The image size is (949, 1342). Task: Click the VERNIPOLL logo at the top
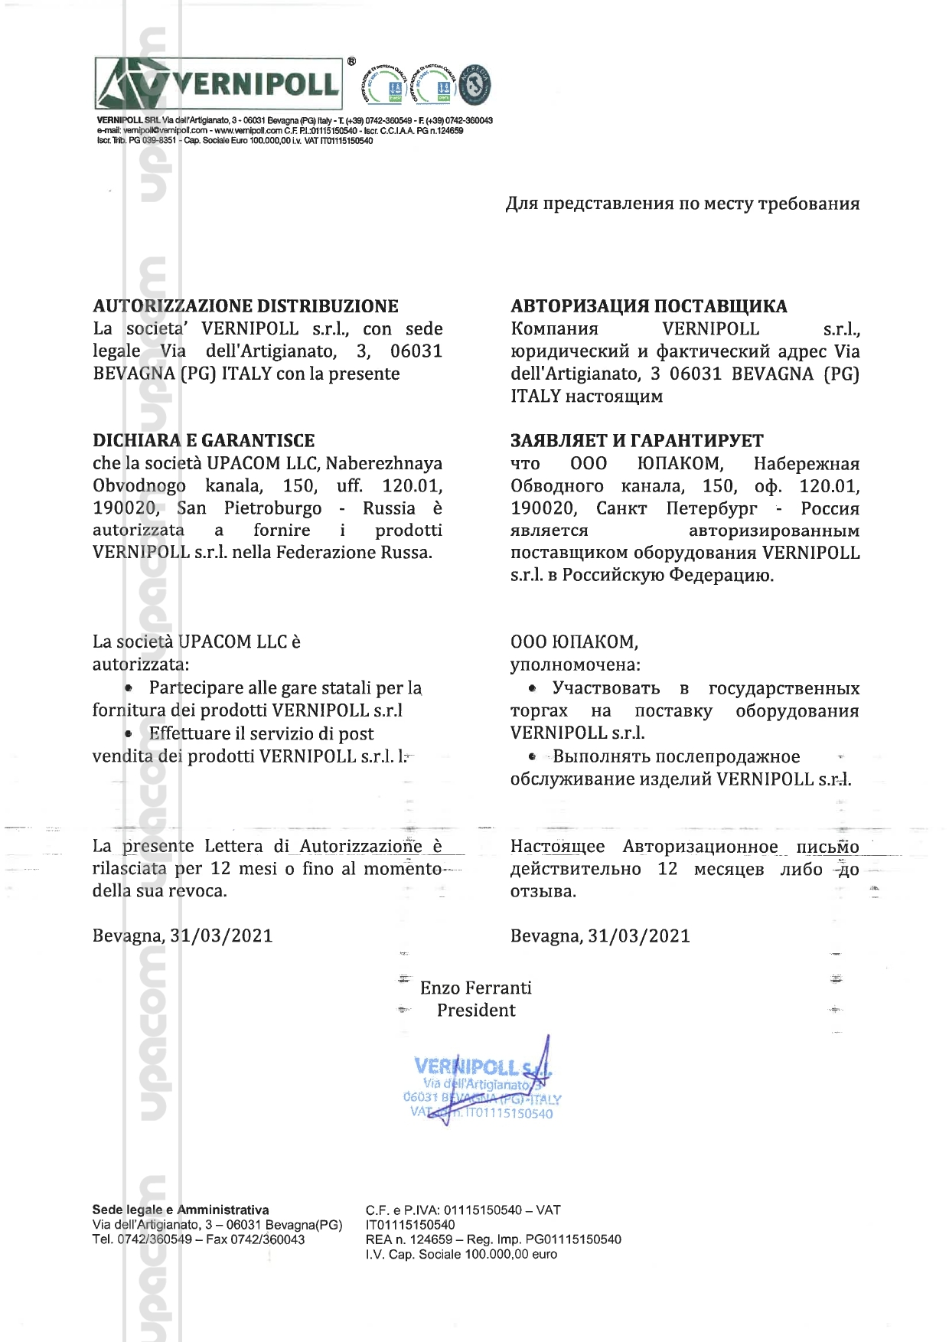coord(219,83)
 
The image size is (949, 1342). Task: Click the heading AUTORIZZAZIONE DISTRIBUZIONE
coord(245,306)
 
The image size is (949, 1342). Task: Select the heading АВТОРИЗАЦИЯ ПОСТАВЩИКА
coord(648,306)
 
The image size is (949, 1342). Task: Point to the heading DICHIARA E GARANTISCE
coord(204,441)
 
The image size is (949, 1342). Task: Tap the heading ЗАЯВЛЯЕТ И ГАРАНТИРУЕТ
coord(637,441)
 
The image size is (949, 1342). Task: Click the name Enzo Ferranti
coord(475,988)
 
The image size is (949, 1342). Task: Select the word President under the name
coord(476,1011)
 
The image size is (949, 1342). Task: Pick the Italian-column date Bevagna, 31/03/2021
coord(182,935)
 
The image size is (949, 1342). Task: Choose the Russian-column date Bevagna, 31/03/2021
coord(600,935)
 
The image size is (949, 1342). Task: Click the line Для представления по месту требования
coord(682,204)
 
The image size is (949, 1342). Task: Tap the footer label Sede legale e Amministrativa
coord(181,1210)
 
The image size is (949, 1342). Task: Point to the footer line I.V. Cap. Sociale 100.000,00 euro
coord(461,1254)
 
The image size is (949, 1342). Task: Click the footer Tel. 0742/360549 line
coord(198,1239)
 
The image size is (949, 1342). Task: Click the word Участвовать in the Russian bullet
coord(605,688)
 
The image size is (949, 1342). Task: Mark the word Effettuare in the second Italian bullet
coord(190,733)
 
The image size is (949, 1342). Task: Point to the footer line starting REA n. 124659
coord(493,1239)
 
